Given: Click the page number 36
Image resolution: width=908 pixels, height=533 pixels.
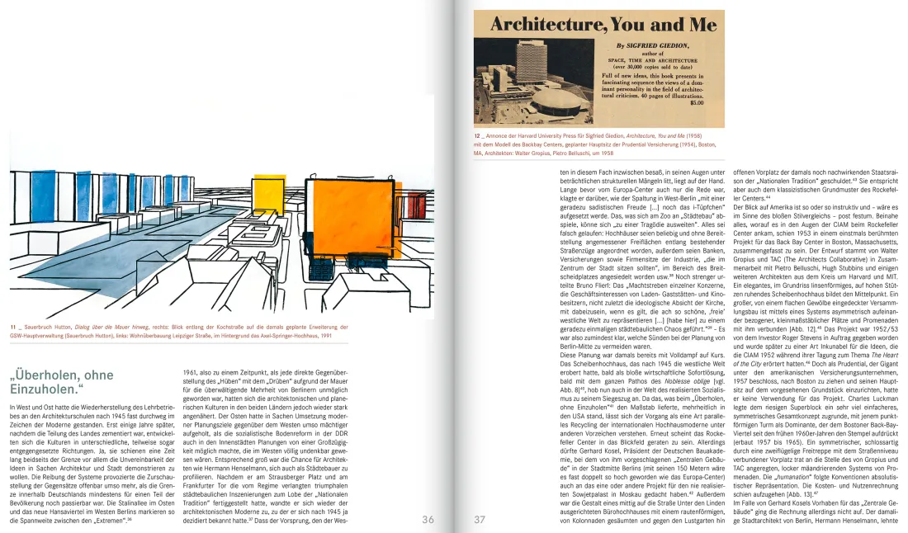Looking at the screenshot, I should pyautogui.click(x=428, y=519).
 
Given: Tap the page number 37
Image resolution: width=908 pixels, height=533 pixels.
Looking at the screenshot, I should pyautogui.click(x=480, y=519).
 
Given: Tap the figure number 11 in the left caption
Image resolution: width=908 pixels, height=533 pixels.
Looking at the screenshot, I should pyautogui.click(x=14, y=328).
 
